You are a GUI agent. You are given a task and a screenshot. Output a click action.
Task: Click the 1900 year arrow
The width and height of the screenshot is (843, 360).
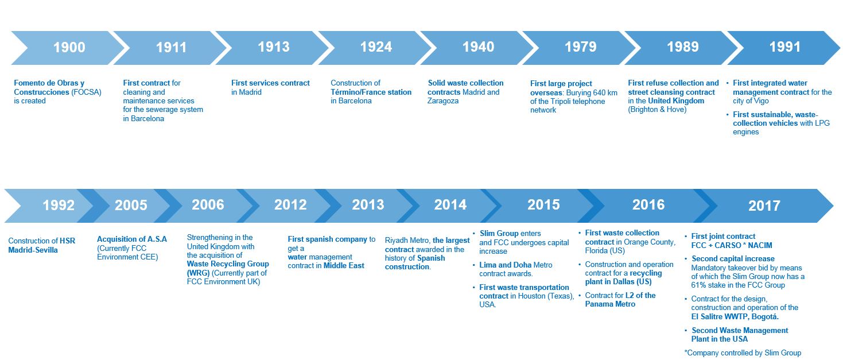(68, 48)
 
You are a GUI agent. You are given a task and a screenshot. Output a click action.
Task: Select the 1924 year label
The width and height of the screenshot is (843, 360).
(376, 47)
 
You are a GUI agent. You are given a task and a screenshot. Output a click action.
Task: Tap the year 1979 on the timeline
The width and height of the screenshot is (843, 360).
(580, 47)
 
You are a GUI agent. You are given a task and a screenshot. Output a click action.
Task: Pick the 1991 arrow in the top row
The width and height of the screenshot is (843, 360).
(783, 48)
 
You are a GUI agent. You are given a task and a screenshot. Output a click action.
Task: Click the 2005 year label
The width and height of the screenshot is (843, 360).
(131, 205)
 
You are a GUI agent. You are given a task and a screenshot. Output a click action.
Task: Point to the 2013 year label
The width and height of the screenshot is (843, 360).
(368, 205)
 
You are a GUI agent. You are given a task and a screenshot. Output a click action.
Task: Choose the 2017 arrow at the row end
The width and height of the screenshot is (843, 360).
(764, 206)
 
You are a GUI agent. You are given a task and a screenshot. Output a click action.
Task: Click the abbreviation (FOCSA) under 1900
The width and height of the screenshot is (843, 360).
(86, 92)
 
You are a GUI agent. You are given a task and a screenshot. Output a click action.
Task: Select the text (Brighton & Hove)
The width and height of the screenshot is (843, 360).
(657, 110)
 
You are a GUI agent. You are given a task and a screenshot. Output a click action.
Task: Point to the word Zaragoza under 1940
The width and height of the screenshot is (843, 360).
(443, 101)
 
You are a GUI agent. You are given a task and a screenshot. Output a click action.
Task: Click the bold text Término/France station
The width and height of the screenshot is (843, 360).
(371, 92)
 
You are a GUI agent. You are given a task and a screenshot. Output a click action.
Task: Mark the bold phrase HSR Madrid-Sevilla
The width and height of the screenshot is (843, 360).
(42, 246)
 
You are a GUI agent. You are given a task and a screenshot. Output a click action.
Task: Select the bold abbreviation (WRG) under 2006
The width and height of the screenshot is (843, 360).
(198, 273)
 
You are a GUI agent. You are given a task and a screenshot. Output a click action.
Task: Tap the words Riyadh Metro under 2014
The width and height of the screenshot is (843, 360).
(407, 241)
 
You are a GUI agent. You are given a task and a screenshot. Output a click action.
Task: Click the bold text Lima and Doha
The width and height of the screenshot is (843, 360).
(505, 265)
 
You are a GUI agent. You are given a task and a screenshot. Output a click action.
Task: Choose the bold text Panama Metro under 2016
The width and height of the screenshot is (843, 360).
(610, 304)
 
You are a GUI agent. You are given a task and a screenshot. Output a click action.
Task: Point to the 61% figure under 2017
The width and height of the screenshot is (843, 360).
(698, 285)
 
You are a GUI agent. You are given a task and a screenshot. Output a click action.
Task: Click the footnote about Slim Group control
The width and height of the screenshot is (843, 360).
(743, 353)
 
